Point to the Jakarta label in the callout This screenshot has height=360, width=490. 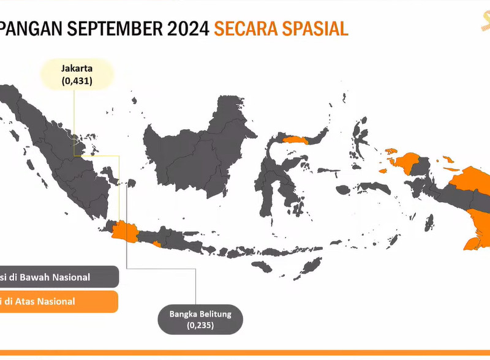[77, 69]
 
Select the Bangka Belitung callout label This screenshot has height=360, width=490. [200, 315]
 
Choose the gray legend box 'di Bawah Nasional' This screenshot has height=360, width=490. [58, 277]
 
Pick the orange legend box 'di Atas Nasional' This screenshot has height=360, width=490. [58, 301]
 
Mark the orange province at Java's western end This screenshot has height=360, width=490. [124, 231]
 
